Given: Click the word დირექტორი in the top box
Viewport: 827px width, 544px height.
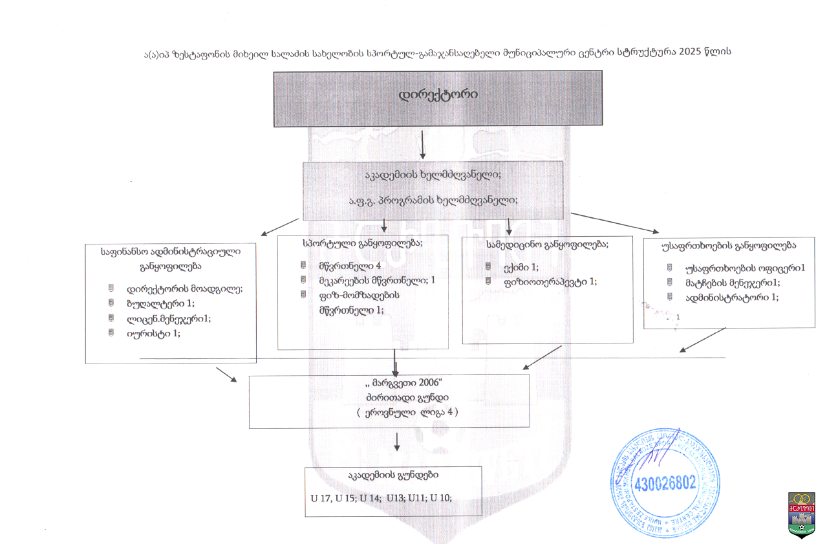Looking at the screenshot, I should (x=438, y=94).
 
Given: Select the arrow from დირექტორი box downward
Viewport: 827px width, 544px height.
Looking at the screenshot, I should (x=423, y=144).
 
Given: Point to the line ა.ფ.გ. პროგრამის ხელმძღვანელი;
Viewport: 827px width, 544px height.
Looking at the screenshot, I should (x=433, y=199).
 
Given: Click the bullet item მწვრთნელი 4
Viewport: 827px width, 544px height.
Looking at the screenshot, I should (x=341, y=265).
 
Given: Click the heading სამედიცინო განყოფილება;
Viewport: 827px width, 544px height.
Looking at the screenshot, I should (x=547, y=244).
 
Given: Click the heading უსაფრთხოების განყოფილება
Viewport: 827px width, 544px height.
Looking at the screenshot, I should (x=728, y=246).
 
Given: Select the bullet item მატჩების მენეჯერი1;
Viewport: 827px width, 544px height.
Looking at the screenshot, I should (x=724, y=282).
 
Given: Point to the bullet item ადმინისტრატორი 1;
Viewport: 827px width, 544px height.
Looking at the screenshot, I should (x=723, y=297).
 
